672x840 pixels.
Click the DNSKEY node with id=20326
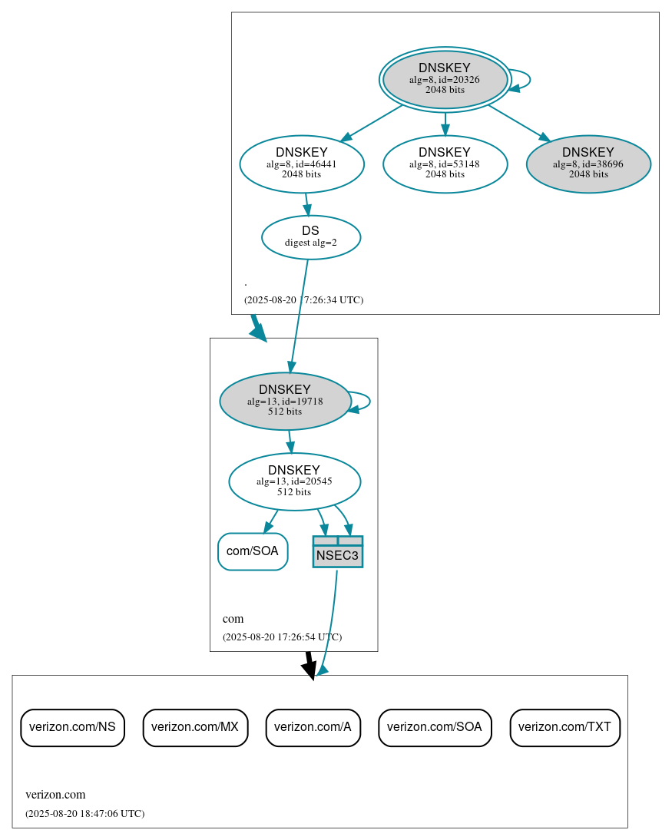[x=445, y=79]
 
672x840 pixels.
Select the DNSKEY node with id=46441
[x=302, y=164]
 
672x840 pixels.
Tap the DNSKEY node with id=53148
[x=445, y=164]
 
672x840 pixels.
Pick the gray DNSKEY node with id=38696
[x=588, y=164]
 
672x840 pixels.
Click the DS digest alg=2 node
[x=311, y=237]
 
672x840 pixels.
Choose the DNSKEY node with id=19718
[x=285, y=401]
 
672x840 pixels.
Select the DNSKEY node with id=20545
[x=294, y=481]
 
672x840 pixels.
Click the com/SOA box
[x=253, y=551]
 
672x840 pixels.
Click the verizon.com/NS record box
[x=72, y=727]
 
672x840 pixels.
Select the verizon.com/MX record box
[x=195, y=727]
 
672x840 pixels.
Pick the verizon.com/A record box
[x=313, y=727]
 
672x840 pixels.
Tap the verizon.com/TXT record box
[x=564, y=727]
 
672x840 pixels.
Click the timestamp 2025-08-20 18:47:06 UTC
[x=84, y=813]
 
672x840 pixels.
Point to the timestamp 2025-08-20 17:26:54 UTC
[x=282, y=637]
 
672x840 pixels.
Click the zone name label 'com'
[x=233, y=619]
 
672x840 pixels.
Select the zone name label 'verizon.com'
[x=55, y=795]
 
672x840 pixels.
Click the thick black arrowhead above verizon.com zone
[x=309, y=670]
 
